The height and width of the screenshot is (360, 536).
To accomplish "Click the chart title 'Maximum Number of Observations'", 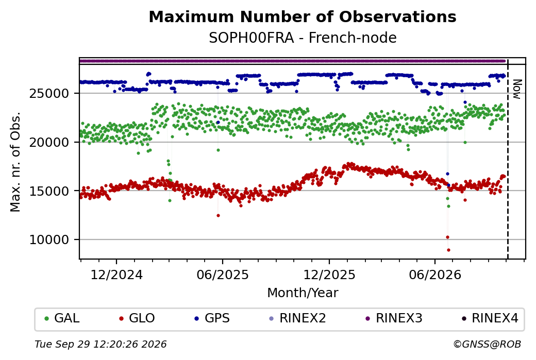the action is [x=303, y=16].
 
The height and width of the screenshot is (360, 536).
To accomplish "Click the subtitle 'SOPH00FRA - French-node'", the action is [x=303, y=38].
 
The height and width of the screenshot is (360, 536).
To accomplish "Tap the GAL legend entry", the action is [x=62, y=318].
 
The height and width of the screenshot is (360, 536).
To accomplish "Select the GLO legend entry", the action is [x=137, y=318].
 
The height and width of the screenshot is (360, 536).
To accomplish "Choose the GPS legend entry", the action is [x=212, y=318].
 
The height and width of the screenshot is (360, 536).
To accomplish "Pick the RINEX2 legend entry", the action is [x=298, y=318].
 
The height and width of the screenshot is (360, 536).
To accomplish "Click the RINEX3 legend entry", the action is [x=394, y=318].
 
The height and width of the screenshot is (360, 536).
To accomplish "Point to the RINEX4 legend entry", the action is [x=490, y=318].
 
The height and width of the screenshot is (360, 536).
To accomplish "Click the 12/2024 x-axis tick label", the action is [x=116, y=275].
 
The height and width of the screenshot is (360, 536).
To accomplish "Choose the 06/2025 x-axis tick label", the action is [x=223, y=275].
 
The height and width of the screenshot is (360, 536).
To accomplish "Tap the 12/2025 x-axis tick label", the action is [x=329, y=275].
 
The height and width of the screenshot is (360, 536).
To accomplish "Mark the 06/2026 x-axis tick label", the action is [x=435, y=275].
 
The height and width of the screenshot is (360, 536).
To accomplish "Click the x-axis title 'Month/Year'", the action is [x=303, y=293].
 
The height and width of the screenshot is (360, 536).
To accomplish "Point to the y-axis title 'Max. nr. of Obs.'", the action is [x=15, y=162].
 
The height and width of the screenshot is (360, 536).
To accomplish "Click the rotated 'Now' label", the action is [x=517, y=90].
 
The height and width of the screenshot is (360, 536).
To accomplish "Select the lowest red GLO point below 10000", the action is [x=448, y=250].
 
